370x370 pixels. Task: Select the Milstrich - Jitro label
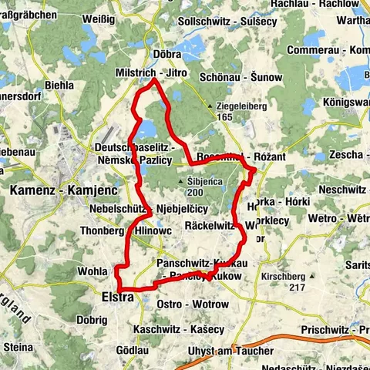[158, 71]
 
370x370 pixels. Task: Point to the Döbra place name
[167, 55]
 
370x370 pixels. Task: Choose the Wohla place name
[92, 271]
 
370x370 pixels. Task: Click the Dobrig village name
[92, 318]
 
